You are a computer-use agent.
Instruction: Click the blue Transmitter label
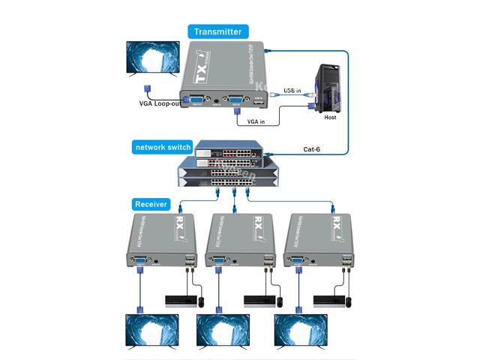coord(217,31)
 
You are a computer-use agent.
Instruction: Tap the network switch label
coord(163,146)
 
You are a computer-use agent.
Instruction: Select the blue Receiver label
coord(151,204)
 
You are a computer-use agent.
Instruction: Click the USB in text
coord(293,91)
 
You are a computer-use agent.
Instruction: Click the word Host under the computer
coord(330,118)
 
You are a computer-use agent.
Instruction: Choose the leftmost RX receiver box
coord(161,238)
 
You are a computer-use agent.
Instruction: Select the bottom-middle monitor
coord(222,331)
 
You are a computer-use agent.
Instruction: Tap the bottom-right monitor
coord(300,331)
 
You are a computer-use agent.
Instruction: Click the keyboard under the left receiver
coord(179,301)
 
